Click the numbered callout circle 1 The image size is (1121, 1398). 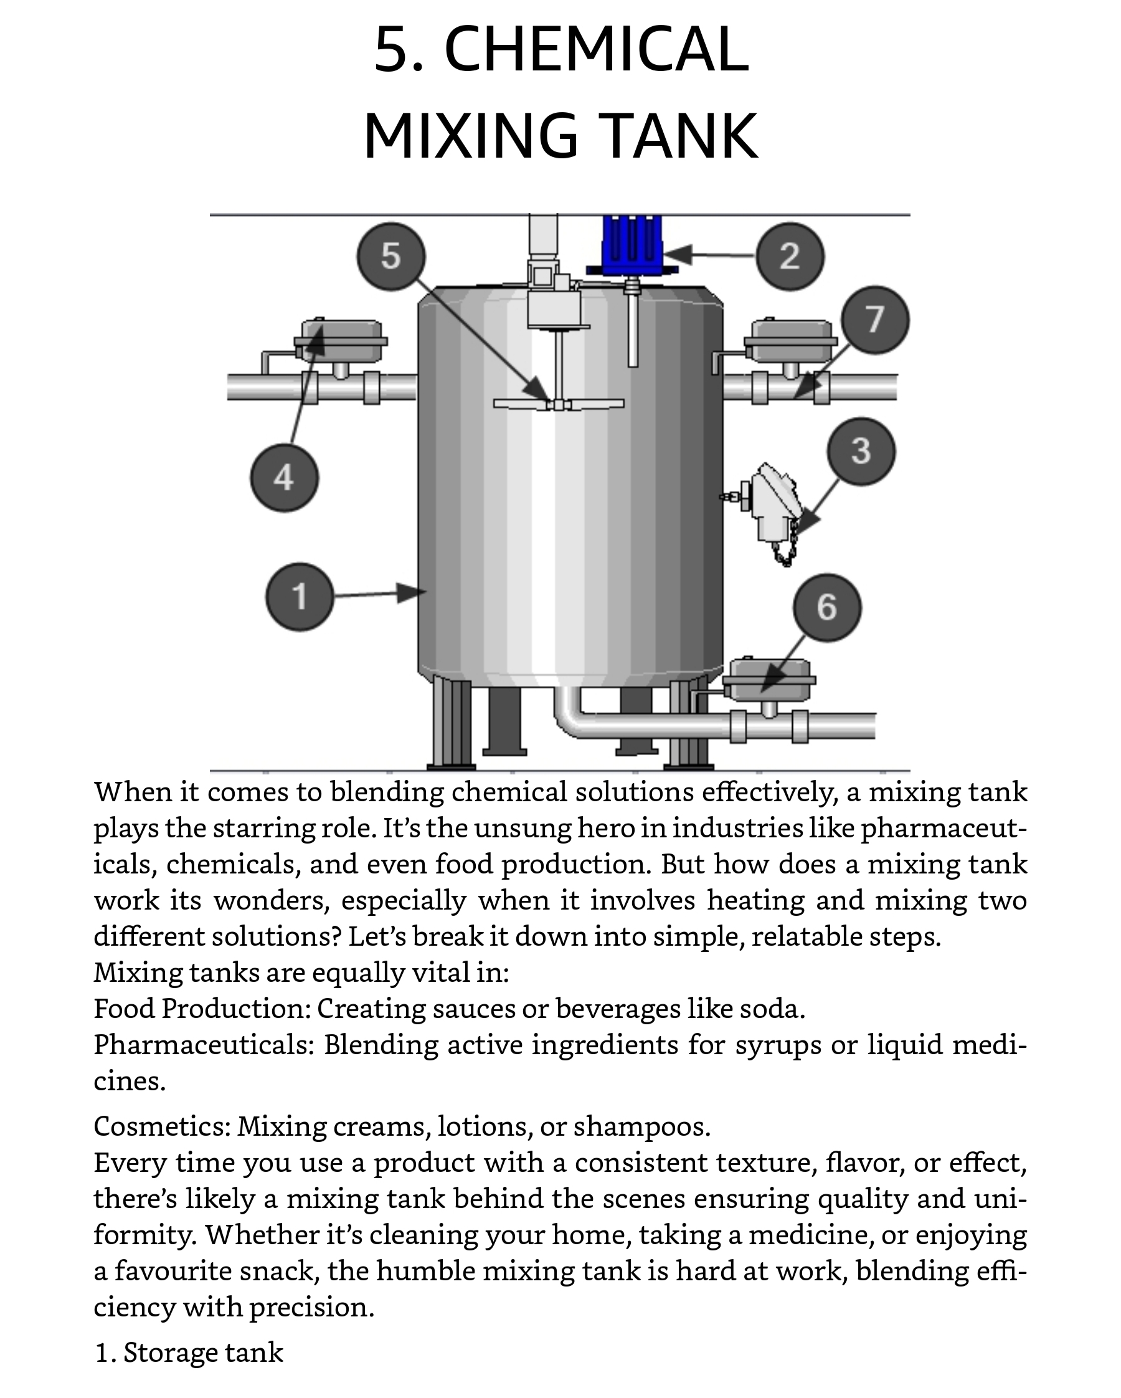[x=300, y=597]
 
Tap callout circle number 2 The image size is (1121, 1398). [x=790, y=256]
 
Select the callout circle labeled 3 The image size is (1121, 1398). [x=861, y=450]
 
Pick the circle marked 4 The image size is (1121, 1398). [x=284, y=478]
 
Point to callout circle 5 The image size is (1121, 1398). [x=391, y=256]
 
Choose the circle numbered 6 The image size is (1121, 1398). [x=827, y=607]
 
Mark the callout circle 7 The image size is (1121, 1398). [x=874, y=319]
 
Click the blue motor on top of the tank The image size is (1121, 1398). [x=632, y=245]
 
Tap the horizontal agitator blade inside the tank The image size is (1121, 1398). [x=558, y=404]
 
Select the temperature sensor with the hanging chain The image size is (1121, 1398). [x=769, y=509]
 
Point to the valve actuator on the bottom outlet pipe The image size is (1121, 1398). [x=769, y=682]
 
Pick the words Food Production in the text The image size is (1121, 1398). [x=201, y=1009]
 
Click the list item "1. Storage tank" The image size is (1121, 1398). [x=189, y=1353]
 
